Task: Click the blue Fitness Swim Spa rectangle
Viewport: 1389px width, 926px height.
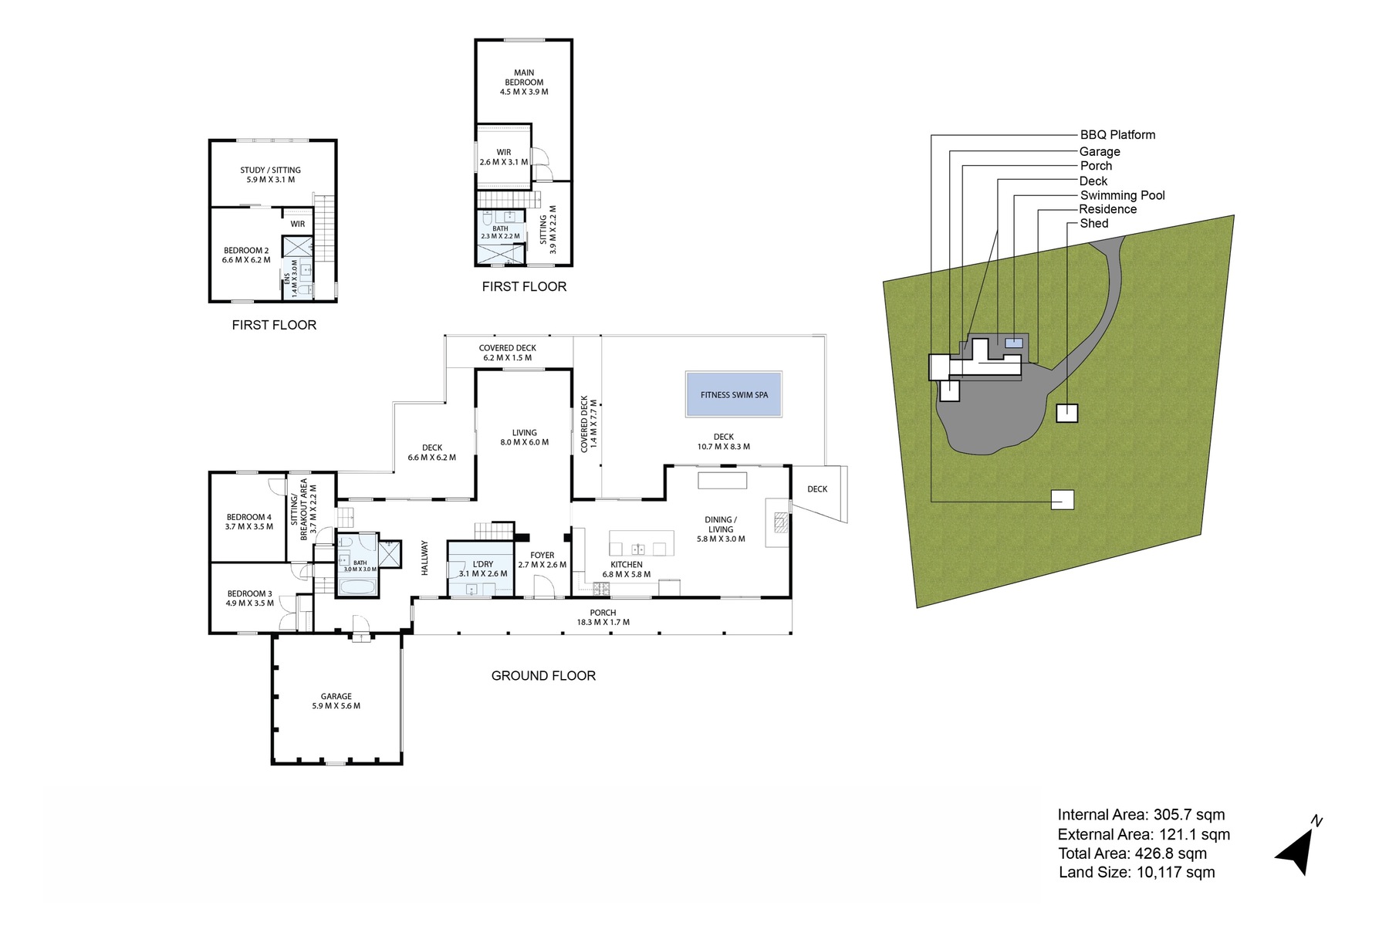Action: coord(734,394)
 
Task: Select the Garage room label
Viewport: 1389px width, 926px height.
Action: coord(336,701)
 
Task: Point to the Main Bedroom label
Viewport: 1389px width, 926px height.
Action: coord(524,82)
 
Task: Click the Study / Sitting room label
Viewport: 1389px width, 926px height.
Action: coord(270,174)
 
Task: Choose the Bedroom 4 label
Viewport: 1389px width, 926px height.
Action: coord(248,522)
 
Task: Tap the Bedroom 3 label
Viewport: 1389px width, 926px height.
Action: coord(249,598)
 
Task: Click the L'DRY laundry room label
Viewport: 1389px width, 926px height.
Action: coord(483,569)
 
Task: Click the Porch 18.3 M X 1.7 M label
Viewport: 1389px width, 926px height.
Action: coord(603,617)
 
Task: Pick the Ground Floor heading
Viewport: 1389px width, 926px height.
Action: coord(543,676)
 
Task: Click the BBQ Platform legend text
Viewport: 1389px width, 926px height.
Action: coord(1117,135)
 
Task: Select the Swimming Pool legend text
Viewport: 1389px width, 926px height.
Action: coord(1122,195)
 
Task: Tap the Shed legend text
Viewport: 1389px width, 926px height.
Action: coord(1094,223)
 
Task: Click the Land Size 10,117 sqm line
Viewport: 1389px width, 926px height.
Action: coord(1137,873)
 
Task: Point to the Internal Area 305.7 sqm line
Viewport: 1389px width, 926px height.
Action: coord(1141,815)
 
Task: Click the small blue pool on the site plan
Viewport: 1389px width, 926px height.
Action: coord(1013,343)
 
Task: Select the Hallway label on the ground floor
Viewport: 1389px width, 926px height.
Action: coord(424,557)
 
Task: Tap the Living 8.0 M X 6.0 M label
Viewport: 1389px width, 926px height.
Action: coord(525,438)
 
